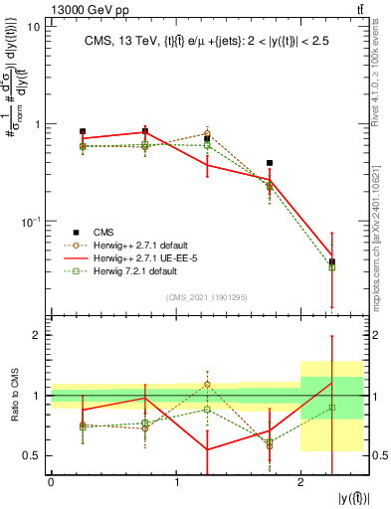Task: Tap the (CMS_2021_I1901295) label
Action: point(207,296)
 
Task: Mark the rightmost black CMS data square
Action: point(332,261)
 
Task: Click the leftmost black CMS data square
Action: point(83,131)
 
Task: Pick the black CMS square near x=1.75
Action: point(270,163)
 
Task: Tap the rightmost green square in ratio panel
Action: point(332,408)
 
